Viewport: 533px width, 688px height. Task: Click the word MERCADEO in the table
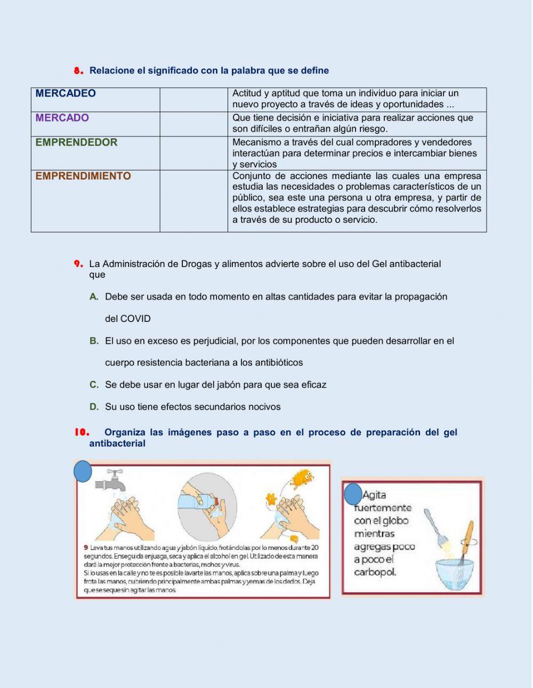[x=66, y=94]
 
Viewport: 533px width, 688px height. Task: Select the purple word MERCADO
[x=62, y=118]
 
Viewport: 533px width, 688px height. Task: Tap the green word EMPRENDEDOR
[x=76, y=143]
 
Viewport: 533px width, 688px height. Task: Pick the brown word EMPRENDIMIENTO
[x=83, y=176]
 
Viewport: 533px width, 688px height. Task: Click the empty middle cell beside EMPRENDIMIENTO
[x=193, y=201]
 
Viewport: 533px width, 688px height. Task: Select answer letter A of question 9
[x=94, y=297]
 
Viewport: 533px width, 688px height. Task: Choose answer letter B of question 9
[x=94, y=341]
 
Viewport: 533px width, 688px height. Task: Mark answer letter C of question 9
[x=94, y=385]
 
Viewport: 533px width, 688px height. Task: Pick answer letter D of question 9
[x=94, y=407]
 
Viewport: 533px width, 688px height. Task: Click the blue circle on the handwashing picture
[x=83, y=472]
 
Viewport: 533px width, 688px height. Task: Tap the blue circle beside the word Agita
[x=353, y=495]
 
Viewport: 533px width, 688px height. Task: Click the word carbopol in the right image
[x=375, y=572]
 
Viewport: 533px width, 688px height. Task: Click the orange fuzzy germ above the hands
[x=302, y=478]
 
